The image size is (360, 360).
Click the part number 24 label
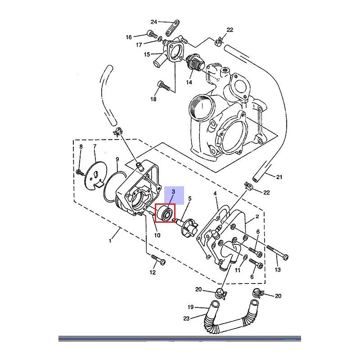153,22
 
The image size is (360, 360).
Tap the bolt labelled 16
152,34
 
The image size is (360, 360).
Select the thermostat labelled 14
195,63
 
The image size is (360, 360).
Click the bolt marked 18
164,85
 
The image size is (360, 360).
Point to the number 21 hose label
279,177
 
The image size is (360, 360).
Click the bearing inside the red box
165,213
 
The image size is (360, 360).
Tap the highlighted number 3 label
173,192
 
